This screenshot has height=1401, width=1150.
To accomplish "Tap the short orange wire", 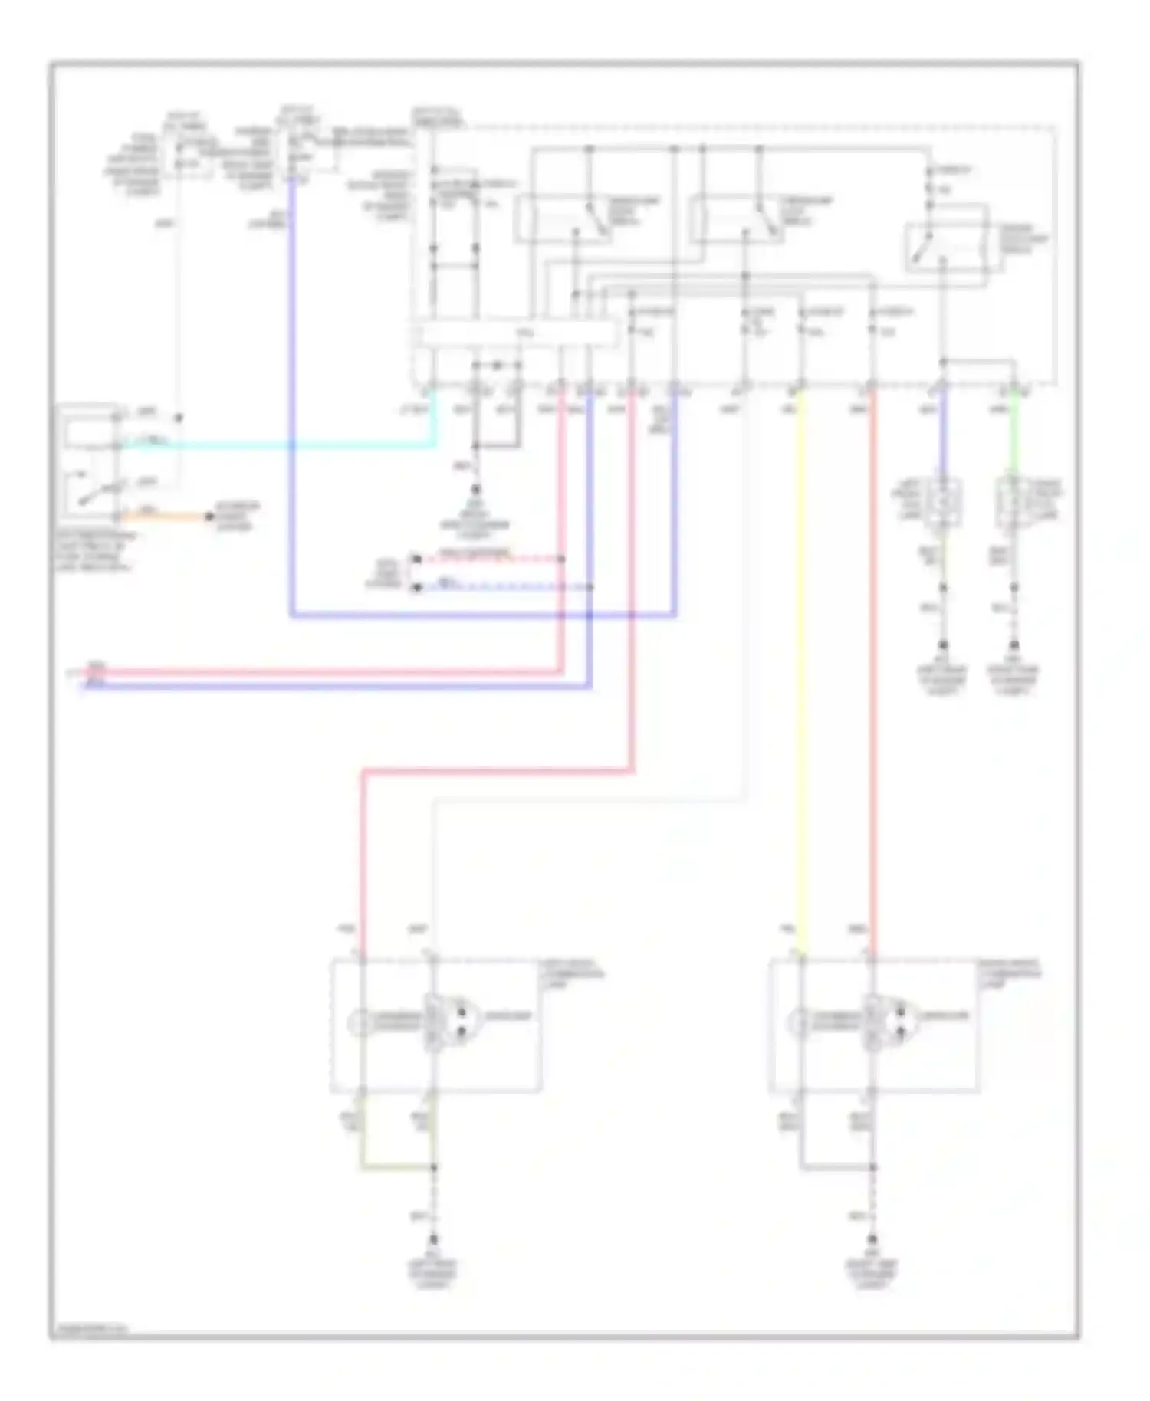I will pyautogui.click(x=165, y=515).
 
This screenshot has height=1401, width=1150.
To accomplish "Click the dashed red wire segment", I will pyautogui.click(x=491, y=559).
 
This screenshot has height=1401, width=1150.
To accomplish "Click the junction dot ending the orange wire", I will pyautogui.click(x=209, y=517).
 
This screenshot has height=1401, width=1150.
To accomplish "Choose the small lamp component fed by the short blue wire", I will pyautogui.click(x=942, y=503).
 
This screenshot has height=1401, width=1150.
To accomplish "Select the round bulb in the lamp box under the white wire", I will pyautogui.click(x=359, y=1022).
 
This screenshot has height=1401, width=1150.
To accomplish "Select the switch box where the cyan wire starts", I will pyautogui.click(x=89, y=460).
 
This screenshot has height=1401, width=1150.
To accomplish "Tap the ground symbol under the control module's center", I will pyautogui.click(x=475, y=490).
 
